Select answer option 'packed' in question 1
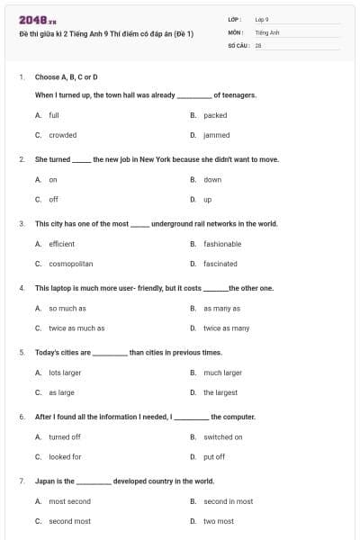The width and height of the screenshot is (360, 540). coord(215,115)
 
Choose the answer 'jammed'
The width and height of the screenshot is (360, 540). coord(216,135)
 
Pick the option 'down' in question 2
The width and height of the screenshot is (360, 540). coord(212,179)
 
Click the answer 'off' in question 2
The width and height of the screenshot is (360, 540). coord(53,199)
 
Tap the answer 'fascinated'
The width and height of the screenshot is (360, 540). coord(220,264)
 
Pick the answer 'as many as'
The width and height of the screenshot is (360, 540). coord(220,308)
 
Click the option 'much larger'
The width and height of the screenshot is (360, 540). coord(222,373)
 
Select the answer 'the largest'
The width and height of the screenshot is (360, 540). coord(220,392)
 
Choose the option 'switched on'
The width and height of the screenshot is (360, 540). coord(222,436)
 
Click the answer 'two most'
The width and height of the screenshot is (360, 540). coord(218,521)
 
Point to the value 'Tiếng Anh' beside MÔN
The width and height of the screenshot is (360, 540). coord(267,31)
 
